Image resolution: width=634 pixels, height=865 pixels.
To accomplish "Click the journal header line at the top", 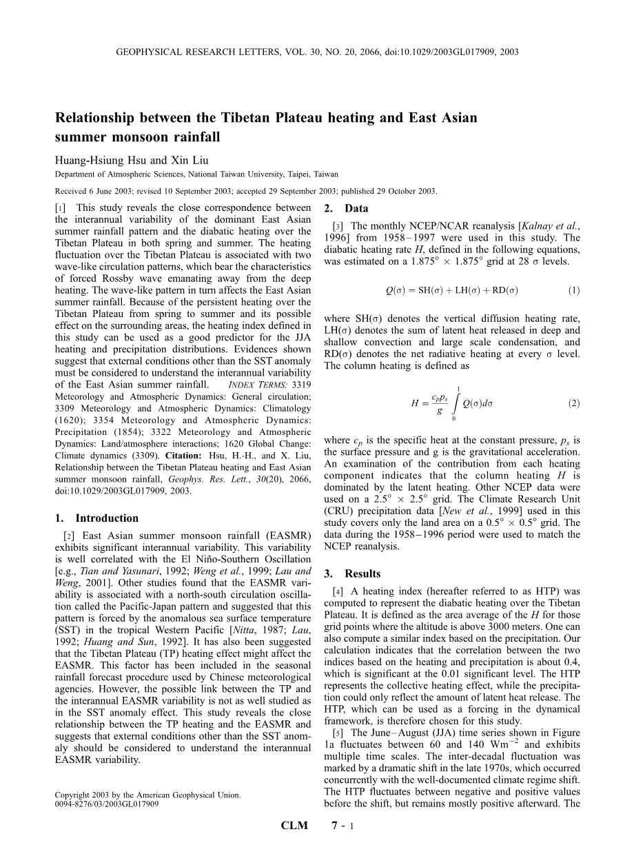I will click(317, 52).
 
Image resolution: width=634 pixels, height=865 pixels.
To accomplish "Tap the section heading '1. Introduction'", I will click(97, 518).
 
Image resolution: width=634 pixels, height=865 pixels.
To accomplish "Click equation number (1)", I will click(574, 290).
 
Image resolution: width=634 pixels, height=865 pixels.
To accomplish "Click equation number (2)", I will click(574, 403).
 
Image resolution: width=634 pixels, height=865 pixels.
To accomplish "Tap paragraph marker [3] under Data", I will click(338, 226).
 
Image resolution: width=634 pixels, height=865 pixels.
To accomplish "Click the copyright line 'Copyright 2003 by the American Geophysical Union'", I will click(147, 795).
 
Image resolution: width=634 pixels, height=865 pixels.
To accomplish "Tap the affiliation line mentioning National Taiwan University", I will click(196, 174).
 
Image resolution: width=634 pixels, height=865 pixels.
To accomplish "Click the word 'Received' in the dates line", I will click(71, 191).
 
